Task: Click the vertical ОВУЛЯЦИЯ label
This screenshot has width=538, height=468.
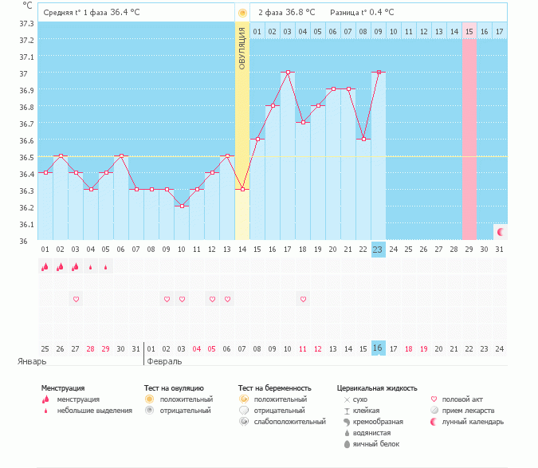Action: click(x=242, y=48)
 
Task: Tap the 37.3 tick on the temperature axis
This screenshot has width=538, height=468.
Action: click(x=26, y=23)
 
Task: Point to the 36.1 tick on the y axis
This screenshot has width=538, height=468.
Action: click(x=26, y=224)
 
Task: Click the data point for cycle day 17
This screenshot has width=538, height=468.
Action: click(x=288, y=72)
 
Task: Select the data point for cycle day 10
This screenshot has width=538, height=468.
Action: click(x=182, y=206)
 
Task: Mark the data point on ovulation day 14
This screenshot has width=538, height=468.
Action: click(x=242, y=189)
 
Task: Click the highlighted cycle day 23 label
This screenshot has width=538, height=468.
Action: click(x=378, y=250)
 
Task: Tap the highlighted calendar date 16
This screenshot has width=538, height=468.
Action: click(x=378, y=348)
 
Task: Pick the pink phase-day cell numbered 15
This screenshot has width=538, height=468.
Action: click(x=469, y=31)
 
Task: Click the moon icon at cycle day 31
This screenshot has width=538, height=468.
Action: click(x=501, y=231)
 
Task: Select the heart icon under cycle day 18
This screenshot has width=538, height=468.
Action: click(x=303, y=299)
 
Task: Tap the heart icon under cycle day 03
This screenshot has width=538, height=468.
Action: click(x=76, y=299)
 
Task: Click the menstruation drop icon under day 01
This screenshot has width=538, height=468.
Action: click(x=45, y=267)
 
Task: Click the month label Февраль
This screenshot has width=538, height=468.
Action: click(x=164, y=361)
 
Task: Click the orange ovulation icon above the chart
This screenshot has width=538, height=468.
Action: click(x=242, y=13)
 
